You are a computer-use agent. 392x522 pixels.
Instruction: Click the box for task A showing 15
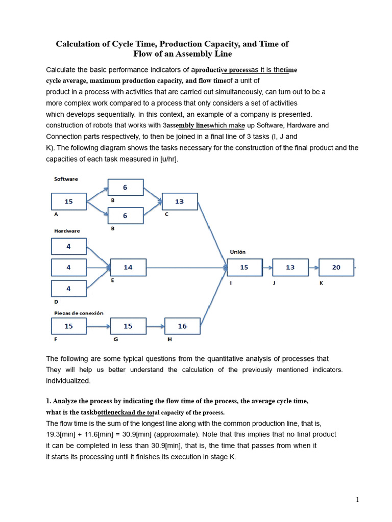coord(69,201)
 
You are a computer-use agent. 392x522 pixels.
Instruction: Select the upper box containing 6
coord(126,188)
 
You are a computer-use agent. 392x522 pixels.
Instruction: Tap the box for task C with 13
coord(180,201)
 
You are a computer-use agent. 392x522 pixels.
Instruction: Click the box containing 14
coord(128,267)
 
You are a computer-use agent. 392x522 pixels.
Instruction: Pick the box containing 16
coord(182,326)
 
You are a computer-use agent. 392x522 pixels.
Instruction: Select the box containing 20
coord(336,267)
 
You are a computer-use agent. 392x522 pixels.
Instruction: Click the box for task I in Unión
coord(244,267)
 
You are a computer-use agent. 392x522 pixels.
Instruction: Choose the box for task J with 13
coord(290,267)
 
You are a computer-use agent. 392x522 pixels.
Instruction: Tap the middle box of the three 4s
coord(69,267)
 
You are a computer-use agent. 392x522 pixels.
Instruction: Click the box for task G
coord(128,326)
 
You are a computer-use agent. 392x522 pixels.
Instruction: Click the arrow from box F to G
coord(98,326)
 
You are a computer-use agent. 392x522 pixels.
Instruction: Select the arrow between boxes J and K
coord(313,267)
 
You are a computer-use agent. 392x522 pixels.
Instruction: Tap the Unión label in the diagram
coord(238,252)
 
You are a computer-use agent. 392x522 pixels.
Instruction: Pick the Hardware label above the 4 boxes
coord(67,231)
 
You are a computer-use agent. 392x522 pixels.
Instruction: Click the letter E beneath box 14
coord(112,280)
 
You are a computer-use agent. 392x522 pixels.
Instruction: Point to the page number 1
coord(357,500)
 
